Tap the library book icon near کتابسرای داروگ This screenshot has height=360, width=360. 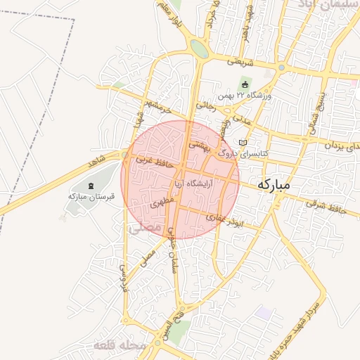243,143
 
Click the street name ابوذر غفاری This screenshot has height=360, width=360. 225,220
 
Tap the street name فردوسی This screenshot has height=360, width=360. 124,277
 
